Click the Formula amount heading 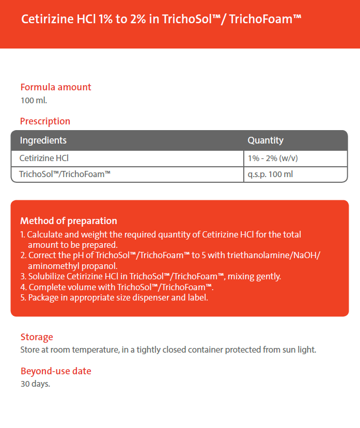click(x=56, y=87)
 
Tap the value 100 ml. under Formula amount click(x=34, y=100)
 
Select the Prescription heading click(x=45, y=121)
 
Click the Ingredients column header click(x=43, y=140)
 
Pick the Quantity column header click(x=265, y=140)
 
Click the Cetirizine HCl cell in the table click(x=44, y=158)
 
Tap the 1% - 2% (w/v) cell click(x=273, y=158)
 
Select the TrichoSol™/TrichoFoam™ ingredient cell click(x=65, y=174)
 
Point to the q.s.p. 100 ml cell click(x=270, y=174)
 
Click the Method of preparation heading click(x=69, y=221)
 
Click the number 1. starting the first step click(x=23, y=234)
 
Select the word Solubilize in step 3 click(x=45, y=276)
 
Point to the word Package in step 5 click(x=43, y=297)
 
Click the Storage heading click(x=37, y=337)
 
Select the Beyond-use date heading click(x=56, y=371)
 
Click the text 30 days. click(x=35, y=384)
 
